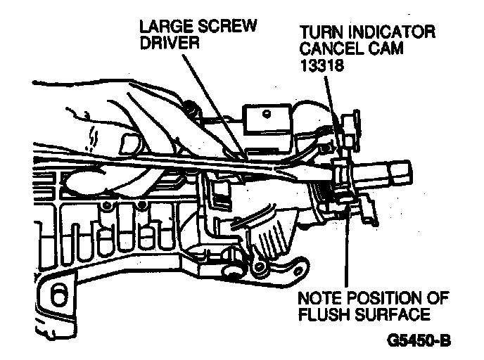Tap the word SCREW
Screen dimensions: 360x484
click(x=227, y=26)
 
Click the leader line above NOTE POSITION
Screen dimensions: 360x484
click(x=347, y=246)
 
